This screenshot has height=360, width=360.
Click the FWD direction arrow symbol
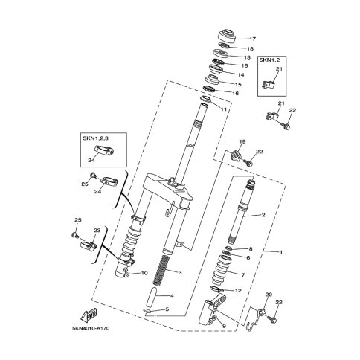(89, 315)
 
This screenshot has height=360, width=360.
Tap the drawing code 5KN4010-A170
(91, 329)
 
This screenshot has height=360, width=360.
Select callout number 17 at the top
(252, 39)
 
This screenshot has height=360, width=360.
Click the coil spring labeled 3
(161, 270)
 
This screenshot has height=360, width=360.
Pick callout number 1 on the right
(281, 252)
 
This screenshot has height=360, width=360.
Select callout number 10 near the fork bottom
(144, 273)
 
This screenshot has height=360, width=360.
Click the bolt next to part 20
(273, 320)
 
